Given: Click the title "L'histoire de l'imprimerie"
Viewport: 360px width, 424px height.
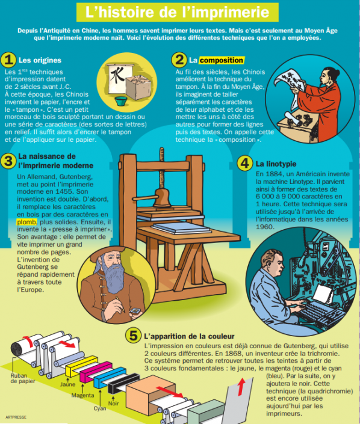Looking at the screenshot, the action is pyautogui.click(x=178, y=12).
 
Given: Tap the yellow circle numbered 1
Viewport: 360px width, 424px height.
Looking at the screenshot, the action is pyautogui.click(x=8, y=60).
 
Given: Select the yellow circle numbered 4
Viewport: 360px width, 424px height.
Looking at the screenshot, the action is pyautogui.click(x=244, y=164).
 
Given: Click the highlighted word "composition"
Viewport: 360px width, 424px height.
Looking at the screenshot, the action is pyautogui.click(x=222, y=60).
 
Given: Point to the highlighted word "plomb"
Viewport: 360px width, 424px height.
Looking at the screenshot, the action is pyautogui.click(x=26, y=222).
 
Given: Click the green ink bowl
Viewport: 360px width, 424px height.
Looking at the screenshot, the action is pyautogui.click(x=121, y=101).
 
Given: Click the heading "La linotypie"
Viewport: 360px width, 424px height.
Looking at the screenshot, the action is pyautogui.click(x=276, y=164).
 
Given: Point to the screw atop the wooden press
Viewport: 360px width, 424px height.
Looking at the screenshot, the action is pyautogui.click(x=161, y=168).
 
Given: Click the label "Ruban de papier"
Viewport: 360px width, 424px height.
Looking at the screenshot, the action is pyautogui.click(x=23, y=378).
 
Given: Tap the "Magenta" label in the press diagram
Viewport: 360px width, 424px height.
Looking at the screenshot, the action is pyautogui.click(x=83, y=395).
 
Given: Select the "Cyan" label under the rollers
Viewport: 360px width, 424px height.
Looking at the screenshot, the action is pyautogui.click(x=100, y=408).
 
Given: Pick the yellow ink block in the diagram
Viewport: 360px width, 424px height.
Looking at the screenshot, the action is pyautogui.click(x=81, y=366).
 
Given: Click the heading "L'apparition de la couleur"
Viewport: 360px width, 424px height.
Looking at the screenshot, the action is pyautogui.click(x=189, y=336).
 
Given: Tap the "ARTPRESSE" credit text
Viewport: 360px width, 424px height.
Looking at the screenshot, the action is pyautogui.click(x=16, y=417).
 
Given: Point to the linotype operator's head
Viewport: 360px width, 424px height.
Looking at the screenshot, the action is pyautogui.click(x=273, y=261).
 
